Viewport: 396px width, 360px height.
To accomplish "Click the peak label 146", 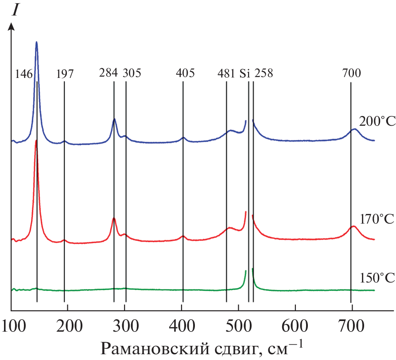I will point(24,74).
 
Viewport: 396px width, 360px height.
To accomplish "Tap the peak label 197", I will point(65,74).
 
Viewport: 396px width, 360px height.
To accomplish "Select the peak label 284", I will point(108,73).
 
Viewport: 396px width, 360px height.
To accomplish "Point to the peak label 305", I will point(132,73).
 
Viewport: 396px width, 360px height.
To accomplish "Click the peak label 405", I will point(185,73).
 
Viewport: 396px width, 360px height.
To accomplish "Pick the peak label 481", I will point(225,73).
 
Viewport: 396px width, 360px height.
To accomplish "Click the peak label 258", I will point(264,73).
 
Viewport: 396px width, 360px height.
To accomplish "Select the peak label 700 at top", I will point(352,73).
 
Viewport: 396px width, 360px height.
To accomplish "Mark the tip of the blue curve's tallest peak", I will point(36,42).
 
